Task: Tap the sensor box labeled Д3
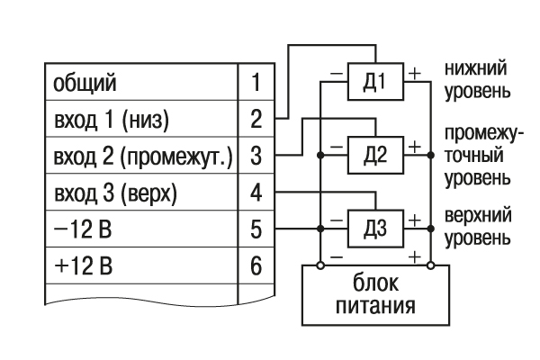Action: [x=377, y=227]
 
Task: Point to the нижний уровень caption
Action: [x=475, y=79]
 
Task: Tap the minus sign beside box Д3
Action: [x=336, y=217]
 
